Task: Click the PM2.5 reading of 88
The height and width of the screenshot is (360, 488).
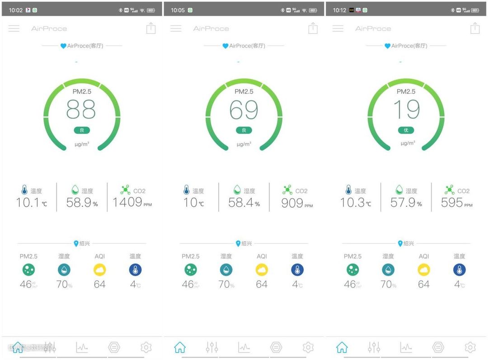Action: (x=81, y=109)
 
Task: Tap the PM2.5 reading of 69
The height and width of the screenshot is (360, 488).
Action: (x=244, y=109)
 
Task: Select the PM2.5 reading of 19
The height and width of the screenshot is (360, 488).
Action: (x=406, y=109)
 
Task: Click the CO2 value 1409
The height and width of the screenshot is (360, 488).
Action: (x=127, y=202)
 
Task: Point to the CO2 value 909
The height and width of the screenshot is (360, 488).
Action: (x=292, y=203)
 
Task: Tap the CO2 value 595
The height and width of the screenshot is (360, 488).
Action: (x=452, y=203)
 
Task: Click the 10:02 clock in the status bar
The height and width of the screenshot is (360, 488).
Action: (x=16, y=10)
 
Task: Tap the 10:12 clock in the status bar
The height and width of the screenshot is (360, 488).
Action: (x=340, y=10)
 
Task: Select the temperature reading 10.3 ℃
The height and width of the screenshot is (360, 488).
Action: (x=352, y=203)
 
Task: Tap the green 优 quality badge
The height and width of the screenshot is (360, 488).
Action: (x=406, y=130)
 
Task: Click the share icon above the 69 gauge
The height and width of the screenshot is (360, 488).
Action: (x=313, y=28)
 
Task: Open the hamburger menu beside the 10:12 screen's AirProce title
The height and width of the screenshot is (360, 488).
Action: (x=338, y=28)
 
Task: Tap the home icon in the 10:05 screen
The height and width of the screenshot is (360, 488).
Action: (x=180, y=347)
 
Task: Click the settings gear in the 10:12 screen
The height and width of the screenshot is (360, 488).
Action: (x=470, y=347)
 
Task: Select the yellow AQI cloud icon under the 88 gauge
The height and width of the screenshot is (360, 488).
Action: (x=99, y=270)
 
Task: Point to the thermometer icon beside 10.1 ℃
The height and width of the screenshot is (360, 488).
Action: (x=24, y=190)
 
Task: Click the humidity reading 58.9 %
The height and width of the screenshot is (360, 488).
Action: (x=79, y=203)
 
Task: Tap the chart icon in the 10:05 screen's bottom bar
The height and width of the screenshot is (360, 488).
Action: (x=244, y=347)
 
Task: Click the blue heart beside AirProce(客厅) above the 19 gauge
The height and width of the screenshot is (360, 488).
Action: (x=387, y=46)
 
